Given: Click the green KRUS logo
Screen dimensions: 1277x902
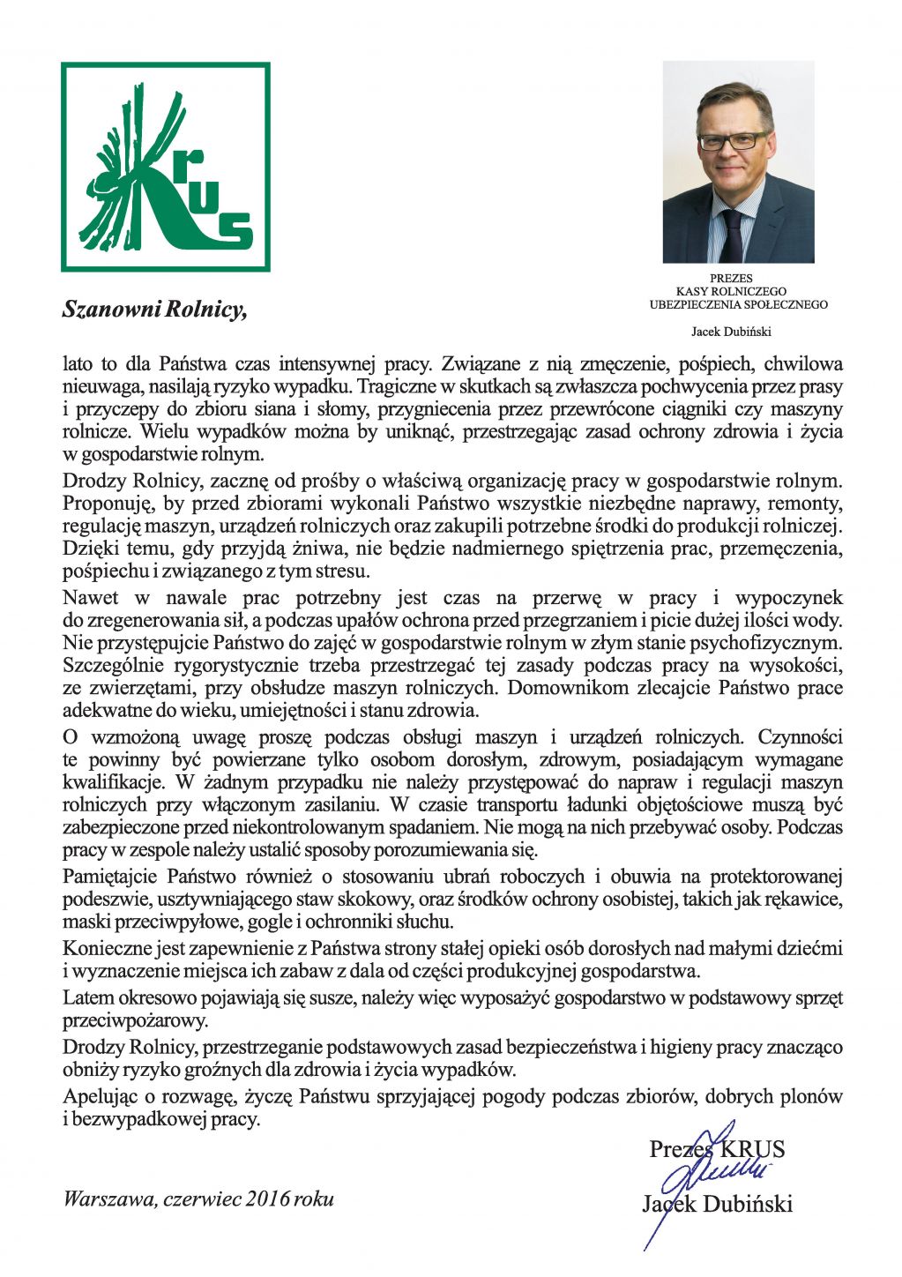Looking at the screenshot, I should click(x=166, y=167).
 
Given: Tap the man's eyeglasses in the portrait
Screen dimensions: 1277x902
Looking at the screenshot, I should click(x=733, y=140).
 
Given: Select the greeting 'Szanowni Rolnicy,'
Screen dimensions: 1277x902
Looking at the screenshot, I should click(x=153, y=309).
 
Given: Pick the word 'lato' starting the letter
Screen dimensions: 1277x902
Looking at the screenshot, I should click(x=77, y=363).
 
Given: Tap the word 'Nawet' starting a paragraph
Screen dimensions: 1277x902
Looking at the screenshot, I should click(x=91, y=598).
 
